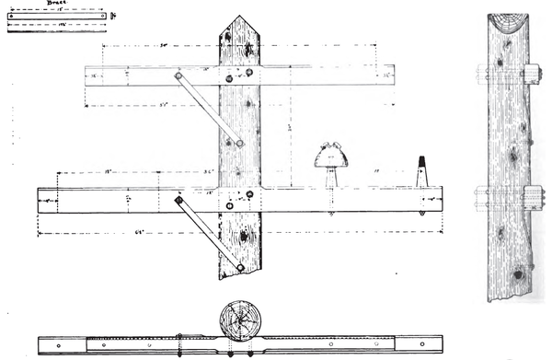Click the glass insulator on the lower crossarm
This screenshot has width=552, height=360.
click(331, 157)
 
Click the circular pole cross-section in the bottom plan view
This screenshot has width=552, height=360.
click(239, 320)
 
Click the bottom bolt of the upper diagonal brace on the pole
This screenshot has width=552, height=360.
click(238, 143)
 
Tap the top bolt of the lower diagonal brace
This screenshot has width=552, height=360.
click(178, 200)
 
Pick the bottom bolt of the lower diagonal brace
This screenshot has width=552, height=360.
click(240, 267)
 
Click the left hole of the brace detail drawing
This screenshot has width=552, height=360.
click(12, 16)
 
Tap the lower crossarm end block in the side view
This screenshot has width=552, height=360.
click(532, 197)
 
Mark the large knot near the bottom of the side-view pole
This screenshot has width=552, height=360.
click(517, 273)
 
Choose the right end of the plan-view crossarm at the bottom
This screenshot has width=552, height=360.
click(436, 345)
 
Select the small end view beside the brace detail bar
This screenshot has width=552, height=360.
click(111, 16)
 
